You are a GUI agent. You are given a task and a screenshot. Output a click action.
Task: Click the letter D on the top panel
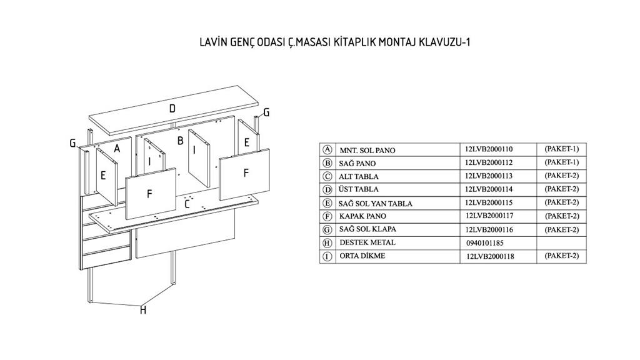click(x=172, y=109)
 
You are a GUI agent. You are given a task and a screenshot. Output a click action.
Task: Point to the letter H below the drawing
click(x=142, y=310)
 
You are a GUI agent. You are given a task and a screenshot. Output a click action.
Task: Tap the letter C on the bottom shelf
click(x=187, y=203)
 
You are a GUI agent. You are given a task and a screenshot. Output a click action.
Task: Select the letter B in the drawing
click(x=180, y=141)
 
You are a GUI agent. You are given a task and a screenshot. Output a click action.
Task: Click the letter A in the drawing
click(x=117, y=149)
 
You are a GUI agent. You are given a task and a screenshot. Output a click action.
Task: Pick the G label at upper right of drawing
click(x=266, y=113)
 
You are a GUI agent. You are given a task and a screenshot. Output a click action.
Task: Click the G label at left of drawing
click(x=73, y=144)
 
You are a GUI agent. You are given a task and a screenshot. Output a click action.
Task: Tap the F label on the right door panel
click(x=246, y=173)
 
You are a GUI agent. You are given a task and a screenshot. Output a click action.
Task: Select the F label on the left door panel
click(x=149, y=194)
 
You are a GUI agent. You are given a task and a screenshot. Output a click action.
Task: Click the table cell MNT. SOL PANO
click(x=367, y=150)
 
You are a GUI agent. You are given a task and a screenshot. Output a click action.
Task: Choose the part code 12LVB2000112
click(x=489, y=162)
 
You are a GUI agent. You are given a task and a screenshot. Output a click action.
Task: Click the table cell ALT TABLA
click(x=359, y=177)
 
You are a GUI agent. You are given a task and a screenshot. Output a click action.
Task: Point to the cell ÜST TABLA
click(x=359, y=189)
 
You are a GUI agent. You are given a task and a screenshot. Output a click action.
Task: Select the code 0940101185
click(x=484, y=242)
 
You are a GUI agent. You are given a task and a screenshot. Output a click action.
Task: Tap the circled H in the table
click(x=326, y=242)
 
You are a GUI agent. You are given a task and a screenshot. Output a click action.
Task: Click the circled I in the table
click(x=326, y=256)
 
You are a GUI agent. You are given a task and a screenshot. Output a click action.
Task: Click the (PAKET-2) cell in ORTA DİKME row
click(x=562, y=256)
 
